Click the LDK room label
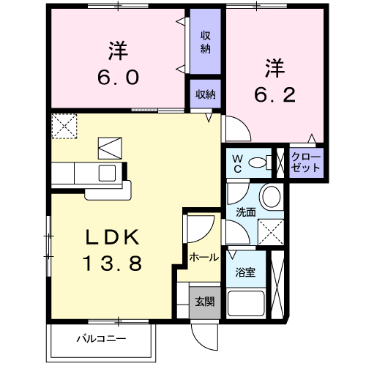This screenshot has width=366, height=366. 113,238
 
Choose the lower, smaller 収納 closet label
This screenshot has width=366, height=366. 206,94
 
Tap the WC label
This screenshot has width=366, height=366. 238,163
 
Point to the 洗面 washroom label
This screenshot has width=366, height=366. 244,213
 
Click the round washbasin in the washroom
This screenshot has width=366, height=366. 271,197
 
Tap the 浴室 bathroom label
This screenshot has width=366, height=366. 244,273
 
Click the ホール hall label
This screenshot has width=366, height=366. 203,258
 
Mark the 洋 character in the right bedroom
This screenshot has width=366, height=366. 274,68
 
